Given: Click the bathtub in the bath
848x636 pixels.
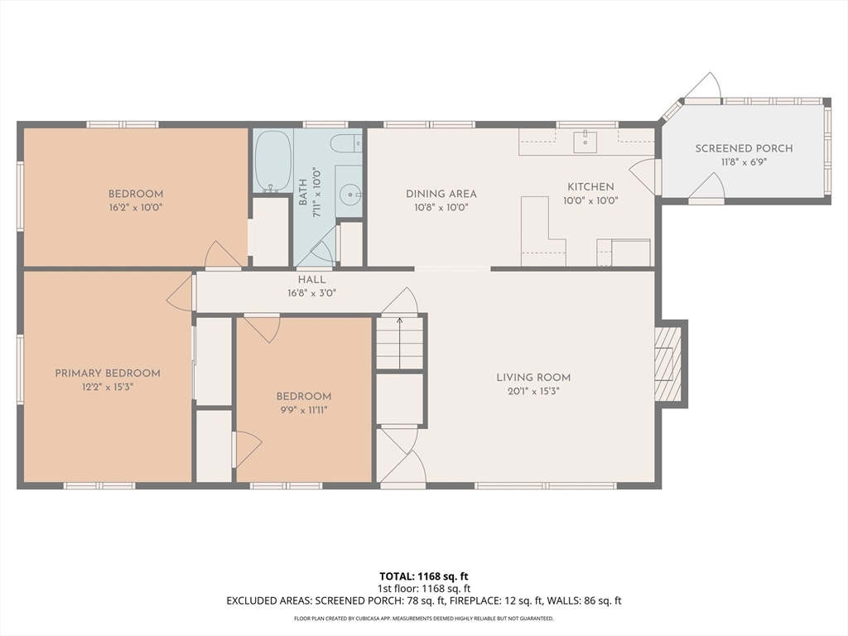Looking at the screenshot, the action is coord(273,161).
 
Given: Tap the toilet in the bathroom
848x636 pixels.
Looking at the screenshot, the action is coord(346,143).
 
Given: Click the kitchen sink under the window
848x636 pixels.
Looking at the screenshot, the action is coord(585,142).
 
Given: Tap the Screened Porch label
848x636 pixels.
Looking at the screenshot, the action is coord(744,148).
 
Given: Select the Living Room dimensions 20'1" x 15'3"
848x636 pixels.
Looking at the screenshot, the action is coord(533,391).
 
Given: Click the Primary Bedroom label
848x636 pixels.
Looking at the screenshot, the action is coord(108,373).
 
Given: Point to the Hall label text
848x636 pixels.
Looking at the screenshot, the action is coord(312,280).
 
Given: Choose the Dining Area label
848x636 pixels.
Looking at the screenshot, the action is coord(441,194).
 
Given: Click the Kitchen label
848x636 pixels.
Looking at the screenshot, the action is coord(590,186).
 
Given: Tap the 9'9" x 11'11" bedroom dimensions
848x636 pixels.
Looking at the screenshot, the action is coord(303,410).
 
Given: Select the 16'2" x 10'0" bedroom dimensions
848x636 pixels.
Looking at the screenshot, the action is coord(136,207).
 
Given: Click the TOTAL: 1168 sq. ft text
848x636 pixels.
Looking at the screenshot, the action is coord(423,576).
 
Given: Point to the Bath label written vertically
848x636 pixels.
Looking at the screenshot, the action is coord(303,192).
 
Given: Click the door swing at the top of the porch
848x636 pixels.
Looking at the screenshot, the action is coord(706,85).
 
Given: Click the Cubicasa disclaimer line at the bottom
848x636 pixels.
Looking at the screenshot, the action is coord(423,618).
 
